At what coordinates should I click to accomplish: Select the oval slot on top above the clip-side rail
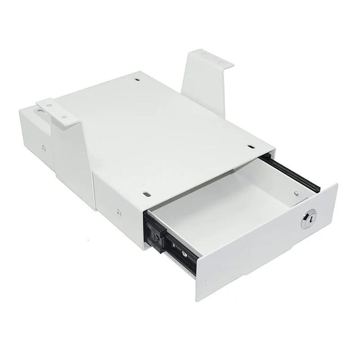147,194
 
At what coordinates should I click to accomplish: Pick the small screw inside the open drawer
296,193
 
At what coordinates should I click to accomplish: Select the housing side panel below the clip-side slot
119,198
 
